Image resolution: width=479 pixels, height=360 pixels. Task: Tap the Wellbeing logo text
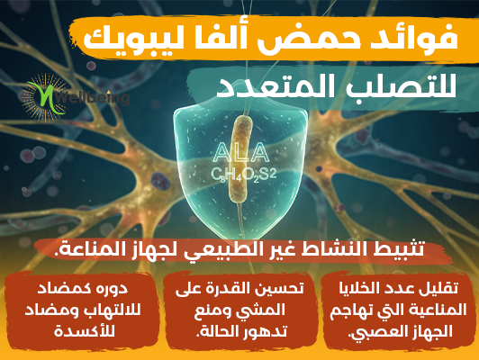point(93,98)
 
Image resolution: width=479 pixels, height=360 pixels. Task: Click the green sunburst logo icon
point(45,98)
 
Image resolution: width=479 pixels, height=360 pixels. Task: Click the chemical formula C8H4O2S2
point(243,175)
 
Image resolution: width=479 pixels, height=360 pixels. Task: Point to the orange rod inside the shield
point(241,158)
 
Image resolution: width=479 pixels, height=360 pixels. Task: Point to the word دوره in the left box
point(113,288)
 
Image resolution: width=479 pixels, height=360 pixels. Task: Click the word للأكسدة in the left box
point(85,330)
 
